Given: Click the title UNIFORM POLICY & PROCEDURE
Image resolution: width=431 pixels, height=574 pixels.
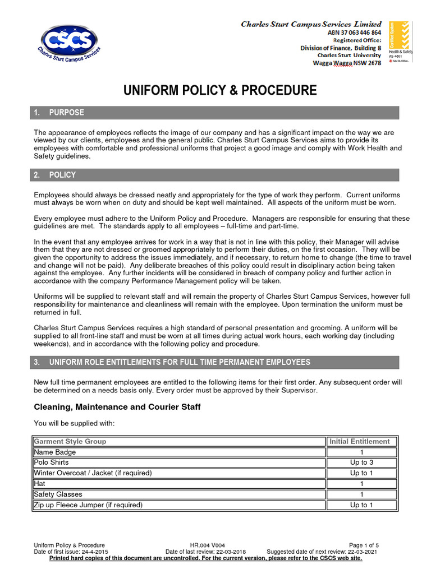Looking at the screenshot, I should point(220,90).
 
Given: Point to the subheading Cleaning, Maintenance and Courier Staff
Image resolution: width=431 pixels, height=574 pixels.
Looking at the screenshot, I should point(117,407).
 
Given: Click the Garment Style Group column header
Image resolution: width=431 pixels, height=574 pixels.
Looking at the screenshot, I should point(70,441).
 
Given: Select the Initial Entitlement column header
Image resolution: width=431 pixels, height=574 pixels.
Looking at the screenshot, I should point(359,441).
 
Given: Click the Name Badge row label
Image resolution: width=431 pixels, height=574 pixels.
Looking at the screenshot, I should point(55,452).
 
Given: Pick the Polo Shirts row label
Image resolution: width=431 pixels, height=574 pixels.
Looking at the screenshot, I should point(52,462).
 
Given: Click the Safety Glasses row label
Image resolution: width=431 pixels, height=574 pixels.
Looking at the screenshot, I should point(58,494).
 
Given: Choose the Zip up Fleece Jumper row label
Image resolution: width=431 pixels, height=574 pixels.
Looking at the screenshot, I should point(88,505).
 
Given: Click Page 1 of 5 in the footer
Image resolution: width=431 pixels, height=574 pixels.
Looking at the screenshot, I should point(364,545).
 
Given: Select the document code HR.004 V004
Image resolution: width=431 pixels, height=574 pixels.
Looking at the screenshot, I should point(207,545).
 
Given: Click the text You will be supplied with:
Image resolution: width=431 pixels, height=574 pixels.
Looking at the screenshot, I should point(74,423).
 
